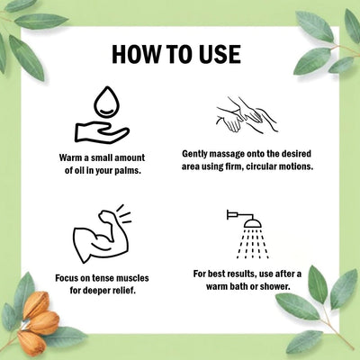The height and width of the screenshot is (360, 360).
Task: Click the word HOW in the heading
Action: click(x=136, y=55)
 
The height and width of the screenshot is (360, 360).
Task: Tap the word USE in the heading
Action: click(x=220, y=55)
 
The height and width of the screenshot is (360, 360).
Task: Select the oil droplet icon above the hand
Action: click(x=107, y=103)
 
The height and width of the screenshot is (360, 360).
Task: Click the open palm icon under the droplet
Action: click(x=102, y=132)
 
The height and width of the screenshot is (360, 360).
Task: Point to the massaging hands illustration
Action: click(x=247, y=114)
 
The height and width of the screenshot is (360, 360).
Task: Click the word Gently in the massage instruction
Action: click(x=194, y=154)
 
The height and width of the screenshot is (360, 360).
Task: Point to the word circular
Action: click(x=261, y=166)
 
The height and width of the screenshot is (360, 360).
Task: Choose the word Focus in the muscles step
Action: click(x=67, y=278)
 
